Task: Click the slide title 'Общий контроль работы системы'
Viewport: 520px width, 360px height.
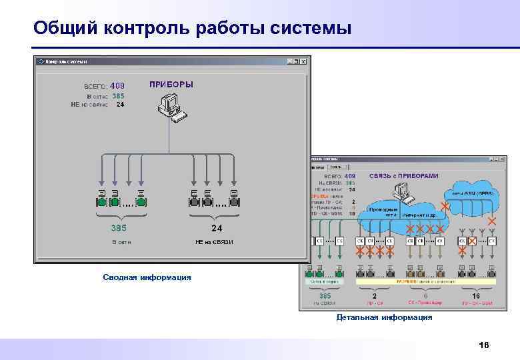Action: (x=193, y=29)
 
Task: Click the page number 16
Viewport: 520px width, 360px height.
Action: (x=484, y=345)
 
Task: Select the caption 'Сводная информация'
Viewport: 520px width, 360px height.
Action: (x=147, y=277)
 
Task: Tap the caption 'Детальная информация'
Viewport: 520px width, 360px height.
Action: (x=384, y=317)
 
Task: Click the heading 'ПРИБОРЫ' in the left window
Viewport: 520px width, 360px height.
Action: (x=171, y=85)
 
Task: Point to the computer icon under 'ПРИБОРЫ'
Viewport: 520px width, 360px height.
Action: (x=169, y=107)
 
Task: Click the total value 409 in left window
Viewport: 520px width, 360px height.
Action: (x=117, y=85)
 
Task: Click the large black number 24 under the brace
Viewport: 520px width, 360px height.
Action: (x=217, y=227)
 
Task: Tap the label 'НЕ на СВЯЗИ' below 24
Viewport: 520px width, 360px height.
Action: (x=214, y=241)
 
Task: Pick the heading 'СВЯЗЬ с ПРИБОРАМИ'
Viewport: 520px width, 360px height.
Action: (x=404, y=175)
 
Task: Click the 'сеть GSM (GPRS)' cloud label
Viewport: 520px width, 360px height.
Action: (x=472, y=193)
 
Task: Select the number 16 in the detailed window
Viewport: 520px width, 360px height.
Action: (x=475, y=295)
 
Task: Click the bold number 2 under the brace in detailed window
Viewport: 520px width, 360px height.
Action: (x=374, y=295)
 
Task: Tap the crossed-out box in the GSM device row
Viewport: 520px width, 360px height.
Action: (x=472, y=241)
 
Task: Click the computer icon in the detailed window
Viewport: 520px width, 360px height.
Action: (x=402, y=193)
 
